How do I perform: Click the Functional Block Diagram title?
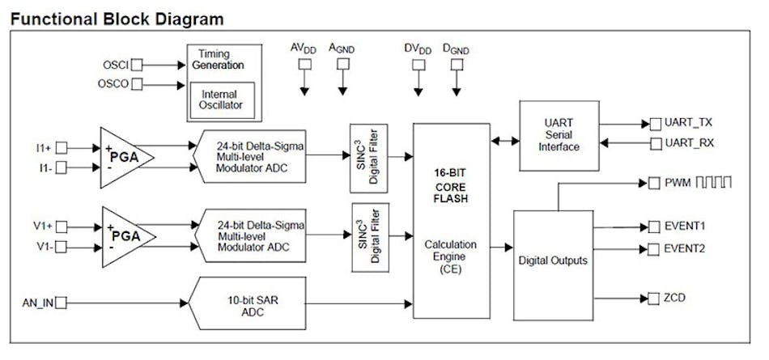[x=117, y=18]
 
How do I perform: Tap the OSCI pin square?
[x=138, y=63]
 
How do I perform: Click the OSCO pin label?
[x=114, y=84]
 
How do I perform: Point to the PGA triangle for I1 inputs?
[x=126, y=157]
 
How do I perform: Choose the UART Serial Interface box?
[x=559, y=135]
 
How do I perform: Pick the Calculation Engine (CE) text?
[x=451, y=256]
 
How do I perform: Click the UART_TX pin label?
[x=689, y=124]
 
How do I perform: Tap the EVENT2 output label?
[x=685, y=248]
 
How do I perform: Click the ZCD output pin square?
[x=654, y=299]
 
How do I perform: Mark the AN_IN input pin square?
[x=61, y=303]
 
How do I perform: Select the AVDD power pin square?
[x=304, y=63]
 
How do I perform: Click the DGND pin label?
[x=455, y=49]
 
